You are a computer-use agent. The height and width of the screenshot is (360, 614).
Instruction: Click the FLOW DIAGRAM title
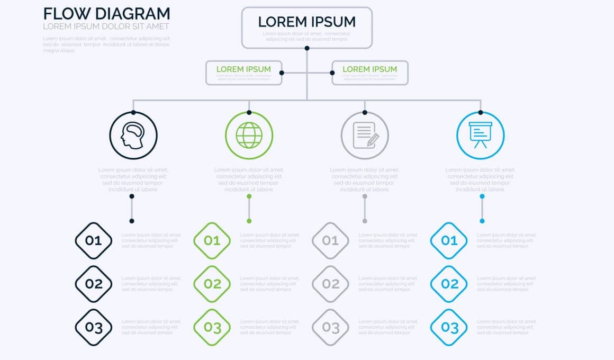106,14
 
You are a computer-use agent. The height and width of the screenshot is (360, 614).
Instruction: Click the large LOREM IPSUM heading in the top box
306,22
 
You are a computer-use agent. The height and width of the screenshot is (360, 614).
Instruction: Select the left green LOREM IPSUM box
243,73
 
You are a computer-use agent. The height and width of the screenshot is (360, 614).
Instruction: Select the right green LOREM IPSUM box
369,73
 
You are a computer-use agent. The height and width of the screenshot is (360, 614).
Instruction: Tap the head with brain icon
133,136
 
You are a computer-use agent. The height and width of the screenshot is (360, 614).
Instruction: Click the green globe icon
249,136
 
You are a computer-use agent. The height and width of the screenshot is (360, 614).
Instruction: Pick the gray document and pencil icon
365,136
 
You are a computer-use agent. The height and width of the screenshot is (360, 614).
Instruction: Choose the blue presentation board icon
480,136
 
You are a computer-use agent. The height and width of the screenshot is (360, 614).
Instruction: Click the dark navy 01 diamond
94,241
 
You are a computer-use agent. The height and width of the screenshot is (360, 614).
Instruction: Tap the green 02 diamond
212,284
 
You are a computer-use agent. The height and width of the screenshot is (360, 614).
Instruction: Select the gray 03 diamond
331,327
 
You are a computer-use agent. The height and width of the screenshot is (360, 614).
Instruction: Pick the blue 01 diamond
449,241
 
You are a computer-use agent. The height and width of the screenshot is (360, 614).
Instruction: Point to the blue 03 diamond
449,327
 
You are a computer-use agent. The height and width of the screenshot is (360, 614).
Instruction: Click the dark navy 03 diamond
94,327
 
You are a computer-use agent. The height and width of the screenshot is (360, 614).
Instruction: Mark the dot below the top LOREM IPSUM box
306,48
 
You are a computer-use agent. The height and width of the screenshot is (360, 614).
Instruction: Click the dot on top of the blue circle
480,112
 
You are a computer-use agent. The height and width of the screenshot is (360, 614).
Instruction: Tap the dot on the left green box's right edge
281,73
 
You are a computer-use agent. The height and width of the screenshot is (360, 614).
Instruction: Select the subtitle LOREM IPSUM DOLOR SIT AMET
106,26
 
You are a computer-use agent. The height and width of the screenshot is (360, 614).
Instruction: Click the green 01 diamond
212,241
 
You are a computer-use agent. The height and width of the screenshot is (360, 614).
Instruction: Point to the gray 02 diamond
331,284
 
